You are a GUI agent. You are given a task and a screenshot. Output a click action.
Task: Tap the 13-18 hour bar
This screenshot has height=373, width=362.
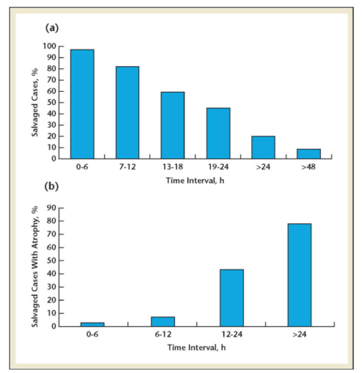click(173, 125)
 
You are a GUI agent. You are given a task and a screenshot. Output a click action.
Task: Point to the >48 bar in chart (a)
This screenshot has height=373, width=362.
click(309, 154)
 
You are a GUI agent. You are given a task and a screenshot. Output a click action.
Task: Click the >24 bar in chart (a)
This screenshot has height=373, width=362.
click(263, 147)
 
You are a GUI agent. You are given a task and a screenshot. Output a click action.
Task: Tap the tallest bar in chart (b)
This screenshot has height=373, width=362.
click(299, 275)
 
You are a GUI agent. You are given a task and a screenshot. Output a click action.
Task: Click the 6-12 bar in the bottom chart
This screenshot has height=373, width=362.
click(163, 321)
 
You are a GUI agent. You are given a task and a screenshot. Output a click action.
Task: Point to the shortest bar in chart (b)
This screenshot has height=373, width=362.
click(92, 324)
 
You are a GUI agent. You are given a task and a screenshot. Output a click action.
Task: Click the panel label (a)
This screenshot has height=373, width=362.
click(52, 28)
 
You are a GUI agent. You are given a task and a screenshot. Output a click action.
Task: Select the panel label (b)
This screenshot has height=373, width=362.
click(52, 186)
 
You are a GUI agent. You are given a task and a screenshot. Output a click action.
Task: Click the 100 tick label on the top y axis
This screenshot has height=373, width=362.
click(49, 46)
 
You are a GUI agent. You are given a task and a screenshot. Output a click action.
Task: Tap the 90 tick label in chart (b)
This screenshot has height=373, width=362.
click(52, 208)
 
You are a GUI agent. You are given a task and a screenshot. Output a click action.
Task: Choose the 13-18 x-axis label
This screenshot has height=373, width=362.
click(173, 167)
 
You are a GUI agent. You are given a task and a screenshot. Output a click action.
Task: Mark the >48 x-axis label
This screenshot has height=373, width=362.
click(309, 167)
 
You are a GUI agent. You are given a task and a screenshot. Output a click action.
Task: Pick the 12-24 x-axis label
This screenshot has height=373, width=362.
click(232, 334)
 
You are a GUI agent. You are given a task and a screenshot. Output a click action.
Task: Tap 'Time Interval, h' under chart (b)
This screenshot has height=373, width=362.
click(197, 347)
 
